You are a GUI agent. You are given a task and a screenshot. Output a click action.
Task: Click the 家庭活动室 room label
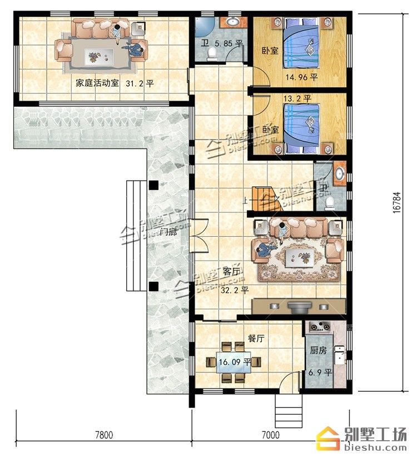pyautogui.click(x=97, y=83)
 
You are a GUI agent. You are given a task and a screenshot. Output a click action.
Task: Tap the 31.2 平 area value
pyautogui.click(x=140, y=83)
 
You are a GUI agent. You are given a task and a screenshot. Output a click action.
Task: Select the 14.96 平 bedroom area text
pyautogui.click(x=301, y=77)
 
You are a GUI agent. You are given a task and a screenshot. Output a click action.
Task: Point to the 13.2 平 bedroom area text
pyautogui.click(x=297, y=98)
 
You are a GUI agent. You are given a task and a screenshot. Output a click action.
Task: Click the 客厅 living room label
pyautogui.click(x=232, y=271)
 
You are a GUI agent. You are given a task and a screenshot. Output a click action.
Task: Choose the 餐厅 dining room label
pyautogui.click(x=256, y=338)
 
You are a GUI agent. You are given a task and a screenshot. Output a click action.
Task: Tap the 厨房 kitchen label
pyautogui.click(x=319, y=350)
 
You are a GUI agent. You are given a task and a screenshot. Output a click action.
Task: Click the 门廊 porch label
pyautogui.click(x=168, y=232)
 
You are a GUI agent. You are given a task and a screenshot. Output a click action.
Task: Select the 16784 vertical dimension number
pyautogui.click(x=398, y=202)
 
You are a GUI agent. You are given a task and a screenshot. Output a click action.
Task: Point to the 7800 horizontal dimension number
pyautogui.click(x=104, y=435)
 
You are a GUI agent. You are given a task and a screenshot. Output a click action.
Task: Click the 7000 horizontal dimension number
pyautogui.click(x=271, y=435)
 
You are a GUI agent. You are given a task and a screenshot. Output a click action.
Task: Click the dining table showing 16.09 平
pyautogui.click(x=234, y=362)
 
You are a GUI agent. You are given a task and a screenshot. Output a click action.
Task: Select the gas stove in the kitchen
pyautogui.click(x=319, y=327)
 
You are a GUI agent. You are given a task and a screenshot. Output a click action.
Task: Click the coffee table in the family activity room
pyautogui.click(x=99, y=56)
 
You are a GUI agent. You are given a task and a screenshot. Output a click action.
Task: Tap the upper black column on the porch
pyautogui.click(x=153, y=185)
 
